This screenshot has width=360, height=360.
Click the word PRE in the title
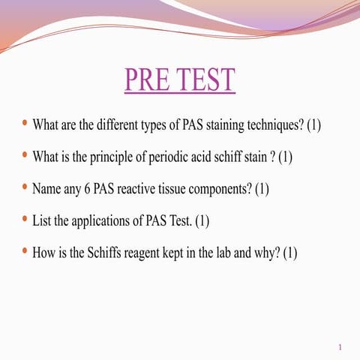[x=146, y=80]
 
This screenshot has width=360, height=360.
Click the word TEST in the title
[x=202, y=80]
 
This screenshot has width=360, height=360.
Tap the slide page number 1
[x=340, y=347]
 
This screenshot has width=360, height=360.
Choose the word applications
[x=101, y=221]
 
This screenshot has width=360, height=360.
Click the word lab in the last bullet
[x=226, y=253]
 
